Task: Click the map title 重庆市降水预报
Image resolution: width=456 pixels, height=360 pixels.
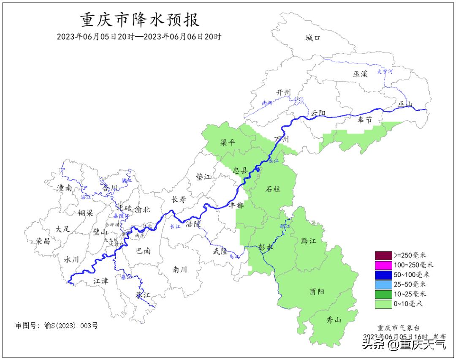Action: point(140,20)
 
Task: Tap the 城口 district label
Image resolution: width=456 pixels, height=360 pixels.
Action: point(313,38)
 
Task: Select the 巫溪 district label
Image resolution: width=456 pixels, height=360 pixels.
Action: point(361,74)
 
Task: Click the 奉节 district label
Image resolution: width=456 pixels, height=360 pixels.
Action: point(365,120)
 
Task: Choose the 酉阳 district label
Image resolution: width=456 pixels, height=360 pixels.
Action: point(317,292)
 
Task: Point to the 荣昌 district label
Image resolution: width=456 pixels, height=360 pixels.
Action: point(43,241)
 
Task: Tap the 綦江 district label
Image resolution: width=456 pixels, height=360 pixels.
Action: point(143,295)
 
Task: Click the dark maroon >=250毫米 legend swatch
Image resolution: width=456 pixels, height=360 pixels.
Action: point(383,255)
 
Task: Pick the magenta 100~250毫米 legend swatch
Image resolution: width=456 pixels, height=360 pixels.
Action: point(383,265)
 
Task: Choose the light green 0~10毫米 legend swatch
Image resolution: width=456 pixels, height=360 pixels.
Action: point(383,303)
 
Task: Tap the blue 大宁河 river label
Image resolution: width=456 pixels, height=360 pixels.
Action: point(385,72)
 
